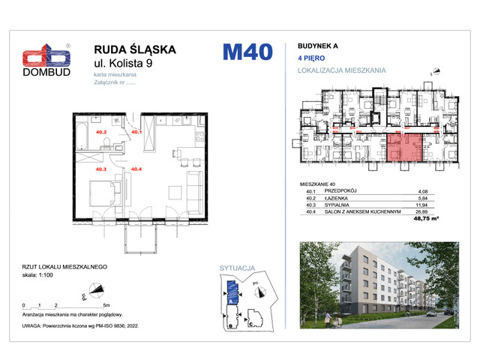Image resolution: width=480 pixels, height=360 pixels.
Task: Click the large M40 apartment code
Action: (x=247, y=52)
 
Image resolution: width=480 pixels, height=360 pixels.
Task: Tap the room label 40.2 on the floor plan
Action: (x=102, y=133)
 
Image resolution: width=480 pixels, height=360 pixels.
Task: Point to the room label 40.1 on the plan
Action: (x=136, y=133)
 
